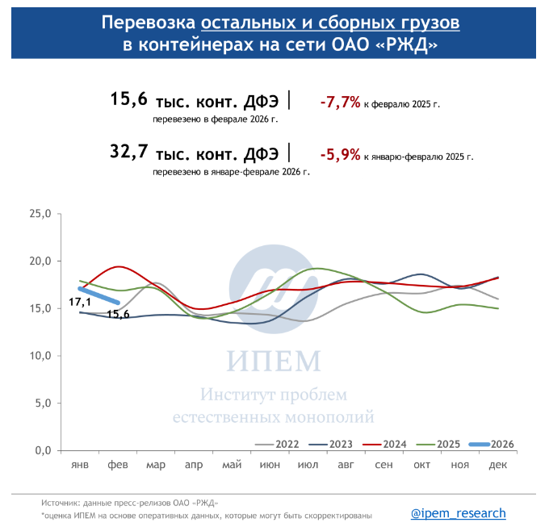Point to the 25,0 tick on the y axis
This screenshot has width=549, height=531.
(x=40, y=214)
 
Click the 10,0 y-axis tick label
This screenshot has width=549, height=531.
(x=40, y=356)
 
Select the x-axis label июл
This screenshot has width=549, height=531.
(x=308, y=466)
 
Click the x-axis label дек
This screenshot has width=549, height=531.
(x=498, y=466)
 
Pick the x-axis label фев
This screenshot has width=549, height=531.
(x=118, y=466)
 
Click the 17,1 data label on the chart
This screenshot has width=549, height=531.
(x=79, y=302)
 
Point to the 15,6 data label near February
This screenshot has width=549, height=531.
(x=118, y=315)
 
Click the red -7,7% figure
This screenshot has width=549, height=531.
(x=340, y=102)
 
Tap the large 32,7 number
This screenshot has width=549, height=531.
(x=128, y=152)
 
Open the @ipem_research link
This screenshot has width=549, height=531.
(x=458, y=513)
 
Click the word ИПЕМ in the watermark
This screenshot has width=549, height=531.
(x=274, y=359)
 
